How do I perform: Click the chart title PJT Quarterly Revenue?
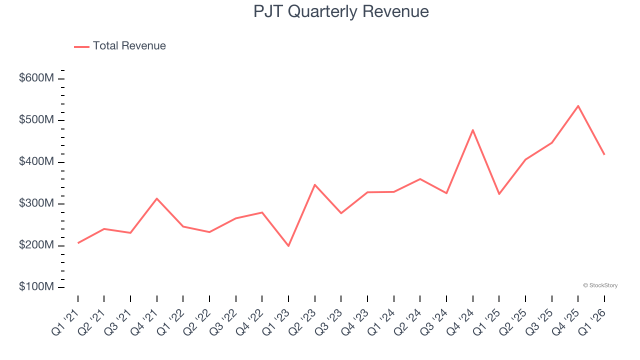click(341, 11)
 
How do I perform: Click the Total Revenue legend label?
click(129, 46)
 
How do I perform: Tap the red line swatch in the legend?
click(81, 46)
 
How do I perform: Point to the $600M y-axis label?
click(36, 78)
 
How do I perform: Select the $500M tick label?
click(36, 120)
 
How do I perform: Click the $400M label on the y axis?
click(36, 162)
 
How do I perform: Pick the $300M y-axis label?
click(36, 204)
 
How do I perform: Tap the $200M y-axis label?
click(36, 245)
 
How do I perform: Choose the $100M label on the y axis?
click(36, 287)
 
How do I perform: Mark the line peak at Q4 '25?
click(578, 106)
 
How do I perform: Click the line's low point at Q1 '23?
click(288, 246)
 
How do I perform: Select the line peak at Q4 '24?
click(472, 130)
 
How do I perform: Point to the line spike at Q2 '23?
click(314, 184)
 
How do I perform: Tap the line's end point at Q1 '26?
click(604, 154)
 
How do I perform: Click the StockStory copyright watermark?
click(600, 285)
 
